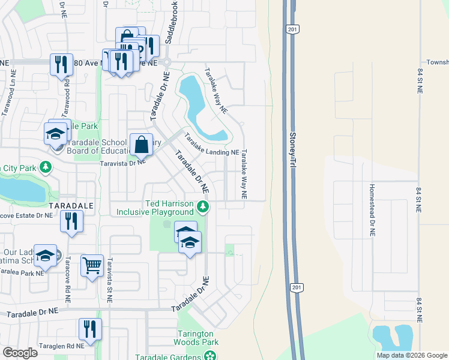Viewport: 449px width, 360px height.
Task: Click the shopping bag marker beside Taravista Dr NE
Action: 141,145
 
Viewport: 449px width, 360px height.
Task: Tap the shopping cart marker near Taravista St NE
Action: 92,265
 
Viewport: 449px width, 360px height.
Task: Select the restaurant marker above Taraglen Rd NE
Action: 90,329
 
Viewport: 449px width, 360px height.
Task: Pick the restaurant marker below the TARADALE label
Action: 71,221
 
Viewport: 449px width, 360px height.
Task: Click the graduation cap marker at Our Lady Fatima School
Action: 45,256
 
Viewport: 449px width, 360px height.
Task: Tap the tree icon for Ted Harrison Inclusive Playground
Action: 203,208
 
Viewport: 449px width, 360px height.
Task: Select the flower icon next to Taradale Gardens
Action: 210,356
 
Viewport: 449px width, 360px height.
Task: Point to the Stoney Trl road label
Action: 293,150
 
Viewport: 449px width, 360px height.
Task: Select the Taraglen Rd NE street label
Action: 59,346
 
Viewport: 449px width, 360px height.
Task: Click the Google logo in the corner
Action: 20,353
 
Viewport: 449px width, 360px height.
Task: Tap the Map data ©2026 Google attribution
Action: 412,355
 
